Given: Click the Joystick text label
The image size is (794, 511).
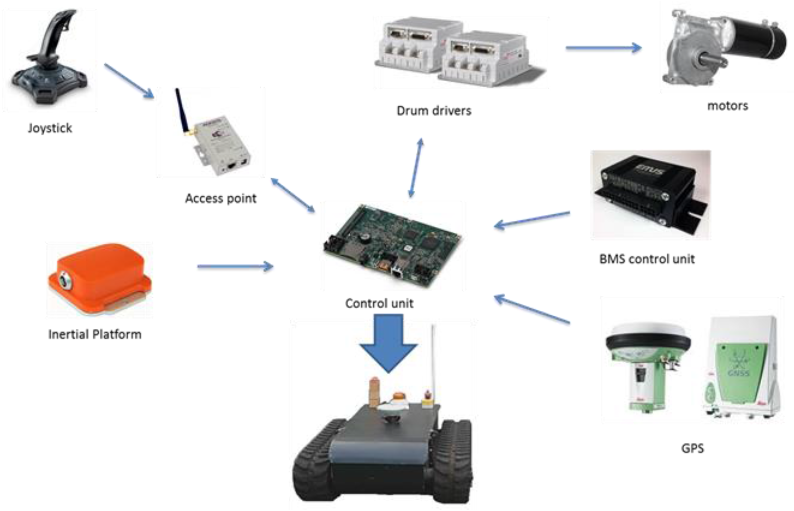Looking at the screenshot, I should [50, 128].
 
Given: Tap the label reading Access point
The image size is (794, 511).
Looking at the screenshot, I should [221, 198].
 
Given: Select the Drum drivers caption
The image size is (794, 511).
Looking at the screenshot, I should [434, 111].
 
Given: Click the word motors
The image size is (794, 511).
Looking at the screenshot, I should [728, 106].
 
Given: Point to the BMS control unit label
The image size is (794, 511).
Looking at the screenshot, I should [647, 259].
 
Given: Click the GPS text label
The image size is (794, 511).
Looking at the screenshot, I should [692, 449].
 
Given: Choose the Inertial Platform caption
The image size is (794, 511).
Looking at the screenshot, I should [95, 334].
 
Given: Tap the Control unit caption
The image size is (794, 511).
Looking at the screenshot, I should [379, 303].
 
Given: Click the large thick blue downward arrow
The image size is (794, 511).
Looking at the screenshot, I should [388, 342].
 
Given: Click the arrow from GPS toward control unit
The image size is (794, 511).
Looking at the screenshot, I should [532, 309].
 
